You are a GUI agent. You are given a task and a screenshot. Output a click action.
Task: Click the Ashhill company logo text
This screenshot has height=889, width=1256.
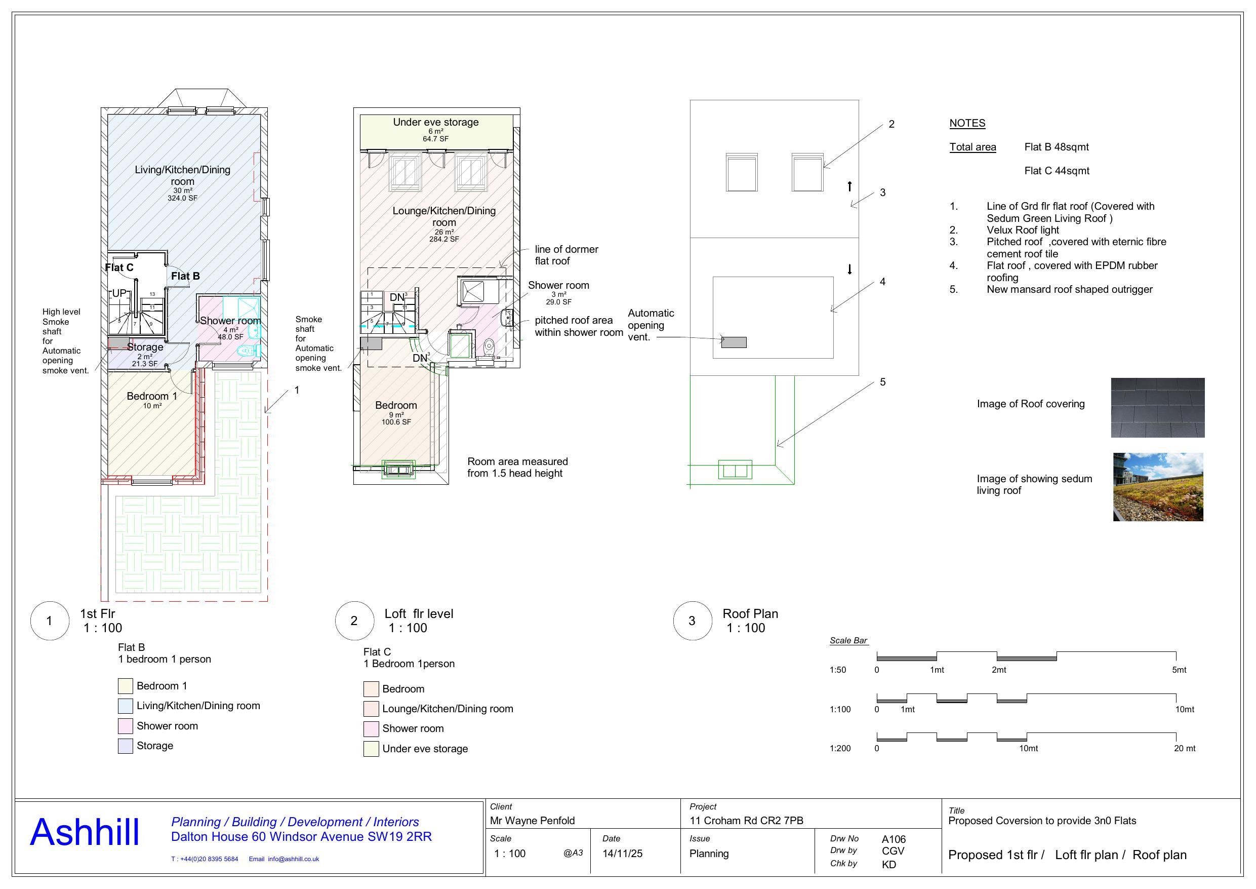point(84,833)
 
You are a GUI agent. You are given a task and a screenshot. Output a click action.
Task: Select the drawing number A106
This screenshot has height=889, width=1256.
point(894,839)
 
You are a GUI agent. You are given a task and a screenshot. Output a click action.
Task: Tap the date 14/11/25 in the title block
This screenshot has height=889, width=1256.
point(622,854)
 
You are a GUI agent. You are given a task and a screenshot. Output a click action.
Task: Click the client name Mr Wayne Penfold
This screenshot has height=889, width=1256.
point(532,821)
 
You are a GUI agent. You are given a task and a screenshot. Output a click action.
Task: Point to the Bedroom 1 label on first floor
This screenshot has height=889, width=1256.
point(151,396)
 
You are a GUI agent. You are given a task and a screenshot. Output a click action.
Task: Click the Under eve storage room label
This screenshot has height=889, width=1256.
point(435,123)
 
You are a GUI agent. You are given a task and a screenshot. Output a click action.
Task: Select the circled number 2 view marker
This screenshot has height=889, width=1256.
point(354,621)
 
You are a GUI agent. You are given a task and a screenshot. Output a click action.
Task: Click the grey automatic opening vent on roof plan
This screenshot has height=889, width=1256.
point(734,342)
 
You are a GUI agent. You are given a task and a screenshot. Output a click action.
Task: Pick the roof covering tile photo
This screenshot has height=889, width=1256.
point(1157,407)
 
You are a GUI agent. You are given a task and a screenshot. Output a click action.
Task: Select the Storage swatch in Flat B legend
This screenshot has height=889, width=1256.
point(125,746)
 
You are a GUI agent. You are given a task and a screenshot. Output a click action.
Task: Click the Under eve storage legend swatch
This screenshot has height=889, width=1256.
point(371,749)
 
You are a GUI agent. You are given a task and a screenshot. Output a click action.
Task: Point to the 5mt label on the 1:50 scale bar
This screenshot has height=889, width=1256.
point(1179,670)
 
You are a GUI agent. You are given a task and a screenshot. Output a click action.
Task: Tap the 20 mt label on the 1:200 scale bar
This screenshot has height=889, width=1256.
point(1184,748)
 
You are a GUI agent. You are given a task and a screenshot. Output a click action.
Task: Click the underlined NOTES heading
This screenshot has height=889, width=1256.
point(966,123)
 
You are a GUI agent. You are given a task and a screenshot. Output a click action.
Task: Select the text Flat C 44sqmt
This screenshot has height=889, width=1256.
point(1057,171)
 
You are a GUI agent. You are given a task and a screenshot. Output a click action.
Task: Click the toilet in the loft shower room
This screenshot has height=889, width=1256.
point(490,345)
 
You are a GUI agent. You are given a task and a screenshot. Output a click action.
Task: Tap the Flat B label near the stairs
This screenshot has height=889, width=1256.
point(185,276)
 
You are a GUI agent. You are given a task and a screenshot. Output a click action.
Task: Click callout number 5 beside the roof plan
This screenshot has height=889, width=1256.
point(882,382)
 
